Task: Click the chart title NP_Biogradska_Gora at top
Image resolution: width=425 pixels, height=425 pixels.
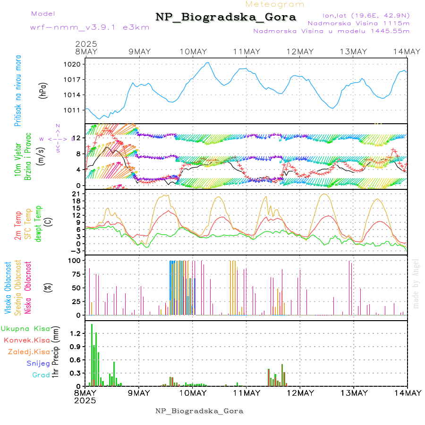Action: pyautogui.click(x=226, y=17)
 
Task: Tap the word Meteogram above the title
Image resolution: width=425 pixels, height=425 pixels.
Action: pyautogui.click(x=275, y=4)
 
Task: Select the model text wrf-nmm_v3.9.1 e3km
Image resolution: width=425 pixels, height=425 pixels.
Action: pyautogui.click(x=90, y=27)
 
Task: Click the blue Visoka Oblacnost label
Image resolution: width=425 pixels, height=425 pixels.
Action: pyautogui.click(x=8, y=288)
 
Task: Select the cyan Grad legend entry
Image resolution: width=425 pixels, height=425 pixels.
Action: pyautogui.click(x=41, y=375)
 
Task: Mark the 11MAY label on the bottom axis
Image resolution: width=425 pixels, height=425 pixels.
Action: pyautogui.click(x=246, y=393)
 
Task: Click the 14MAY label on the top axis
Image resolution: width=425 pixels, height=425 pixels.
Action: pyautogui.click(x=408, y=51)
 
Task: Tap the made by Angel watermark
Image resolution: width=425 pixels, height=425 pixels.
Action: pyautogui.click(x=416, y=283)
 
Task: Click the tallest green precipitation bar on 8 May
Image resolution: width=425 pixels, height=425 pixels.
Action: pyautogui.click(x=92, y=354)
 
